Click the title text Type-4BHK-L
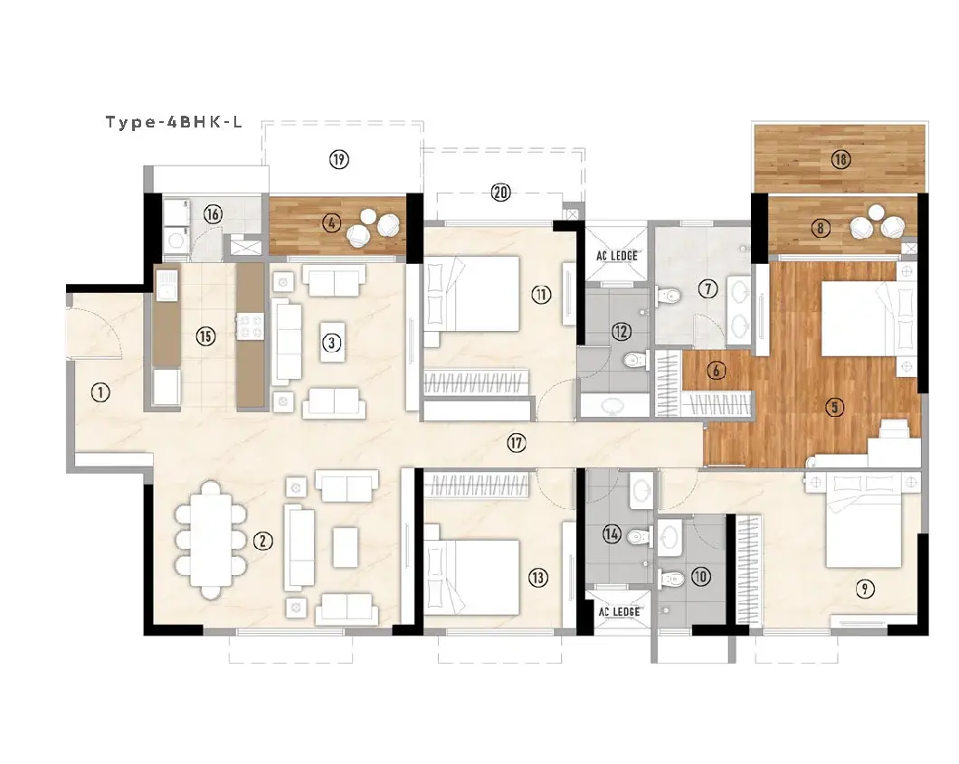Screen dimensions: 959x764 pyautogui.click(x=175, y=122)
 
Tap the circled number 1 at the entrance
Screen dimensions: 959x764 pyautogui.click(x=100, y=392)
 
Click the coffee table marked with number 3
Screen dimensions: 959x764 pyautogui.click(x=332, y=343)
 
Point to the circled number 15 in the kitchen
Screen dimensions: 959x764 pyautogui.click(x=205, y=336)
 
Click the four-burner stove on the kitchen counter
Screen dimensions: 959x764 pyautogui.click(x=250, y=325)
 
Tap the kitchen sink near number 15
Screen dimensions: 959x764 pyautogui.click(x=167, y=285)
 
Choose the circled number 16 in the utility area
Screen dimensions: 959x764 pyautogui.click(x=213, y=214)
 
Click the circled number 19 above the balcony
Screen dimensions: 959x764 pyautogui.click(x=339, y=159)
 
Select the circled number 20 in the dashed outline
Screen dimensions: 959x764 pyautogui.click(x=501, y=193)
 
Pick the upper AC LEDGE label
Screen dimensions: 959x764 pyautogui.click(x=617, y=256)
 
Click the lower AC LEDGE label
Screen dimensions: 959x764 pyautogui.click(x=619, y=612)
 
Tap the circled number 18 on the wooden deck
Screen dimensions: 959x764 pyautogui.click(x=841, y=159)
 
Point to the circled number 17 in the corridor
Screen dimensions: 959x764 pyautogui.click(x=517, y=442)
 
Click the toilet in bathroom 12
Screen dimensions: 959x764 pyautogui.click(x=633, y=361)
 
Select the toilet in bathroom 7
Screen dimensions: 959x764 pyautogui.click(x=668, y=296)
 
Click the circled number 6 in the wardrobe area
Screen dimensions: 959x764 pyautogui.click(x=717, y=370)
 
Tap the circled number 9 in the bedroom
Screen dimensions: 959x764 pyautogui.click(x=864, y=590)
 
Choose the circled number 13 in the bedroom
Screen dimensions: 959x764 pyautogui.click(x=538, y=578)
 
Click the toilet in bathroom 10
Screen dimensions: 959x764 pyautogui.click(x=670, y=578)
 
